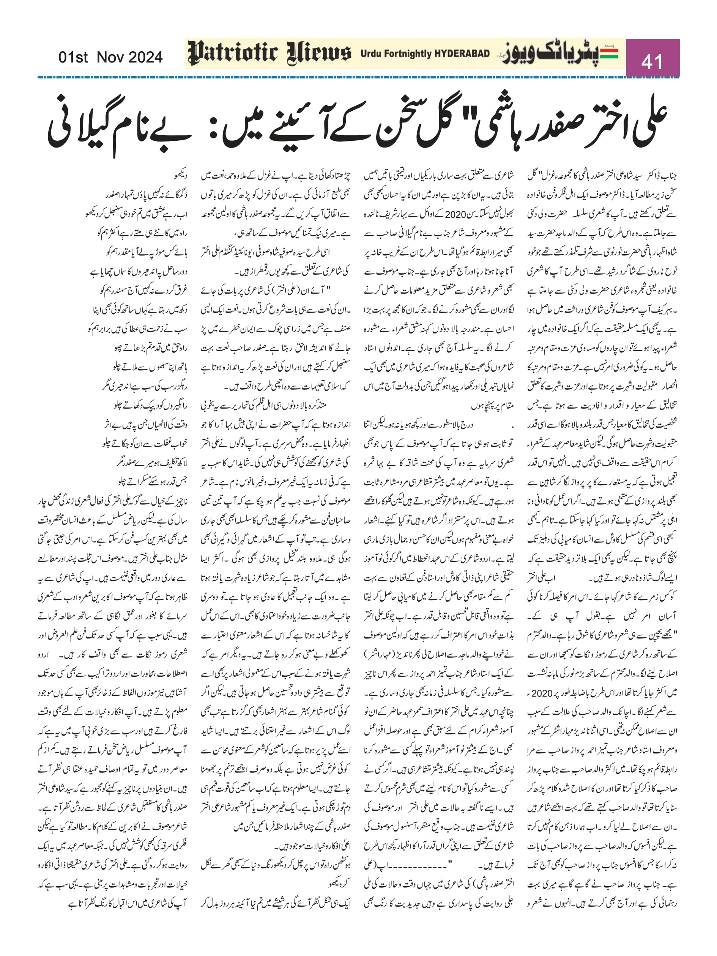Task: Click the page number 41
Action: [652, 62]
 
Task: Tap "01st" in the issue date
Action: [73, 57]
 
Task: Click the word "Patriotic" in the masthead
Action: [233, 53]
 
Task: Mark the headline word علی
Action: [646, 125]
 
